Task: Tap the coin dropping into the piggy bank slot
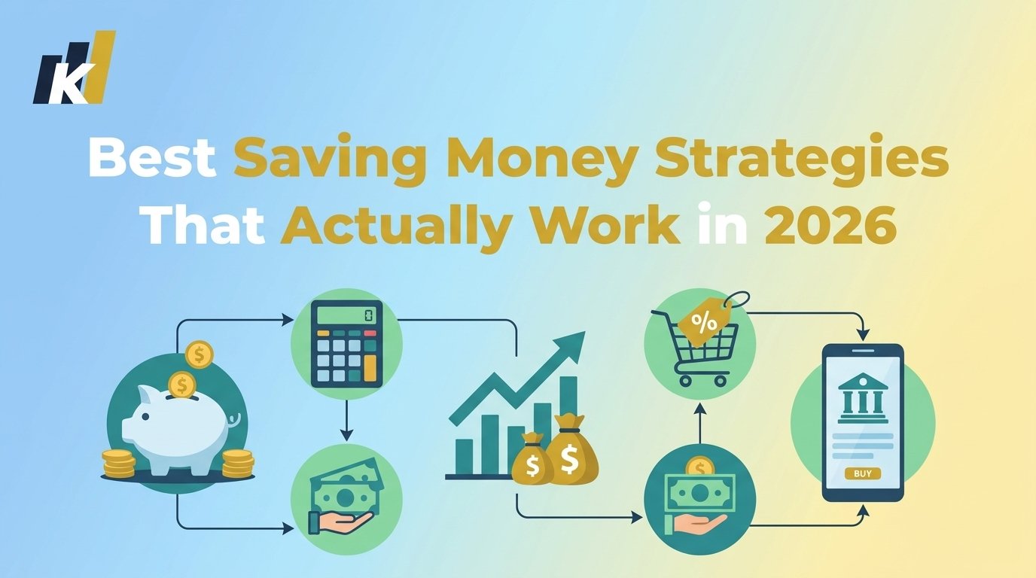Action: pyautogui.click(x=181, y=385)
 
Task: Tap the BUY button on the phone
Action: pyautogui.click(x=862, y=473)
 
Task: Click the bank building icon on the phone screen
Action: pyautogui.click(x=862, y=396)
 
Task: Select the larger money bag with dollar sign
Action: pyautogui.click(x=571, y=451)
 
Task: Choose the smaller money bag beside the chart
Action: pyautogui.click(x=531, y=461)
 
